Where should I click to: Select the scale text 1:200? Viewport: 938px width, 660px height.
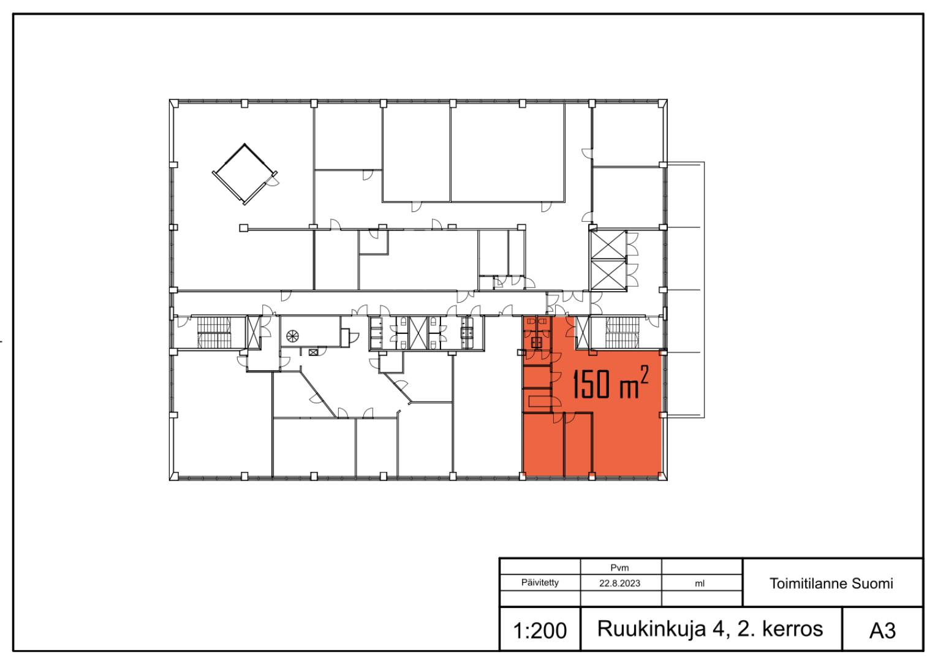(540, 631)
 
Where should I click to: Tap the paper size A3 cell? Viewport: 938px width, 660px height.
(882, 631)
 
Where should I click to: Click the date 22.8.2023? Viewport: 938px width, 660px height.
(620, 583)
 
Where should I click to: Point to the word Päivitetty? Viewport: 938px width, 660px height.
(540, 583)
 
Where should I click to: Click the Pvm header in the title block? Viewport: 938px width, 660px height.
(620, 568)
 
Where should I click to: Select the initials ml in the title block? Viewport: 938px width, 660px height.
(700, 583)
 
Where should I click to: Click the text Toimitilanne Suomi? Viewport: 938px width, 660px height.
(831, 583)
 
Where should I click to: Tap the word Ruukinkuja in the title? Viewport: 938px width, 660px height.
(651, 629)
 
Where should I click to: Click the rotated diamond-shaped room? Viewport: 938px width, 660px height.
(245, 174)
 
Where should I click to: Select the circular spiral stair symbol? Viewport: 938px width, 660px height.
(292, 335)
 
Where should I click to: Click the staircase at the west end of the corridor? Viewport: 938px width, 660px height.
(214, 333)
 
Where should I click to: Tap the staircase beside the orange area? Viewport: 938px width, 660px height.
(621, 333)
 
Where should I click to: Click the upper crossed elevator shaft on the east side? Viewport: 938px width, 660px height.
(608, 245)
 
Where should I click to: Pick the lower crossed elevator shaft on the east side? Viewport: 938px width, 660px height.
(608, 275)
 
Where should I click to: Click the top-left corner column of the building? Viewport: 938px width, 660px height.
(174, 104)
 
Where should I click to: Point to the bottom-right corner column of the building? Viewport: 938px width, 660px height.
(662, 476)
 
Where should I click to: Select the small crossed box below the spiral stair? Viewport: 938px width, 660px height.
(313, 352)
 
